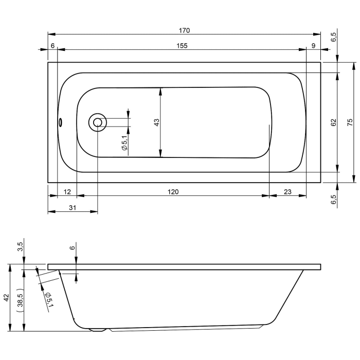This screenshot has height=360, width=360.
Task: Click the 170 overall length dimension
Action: (184, 30)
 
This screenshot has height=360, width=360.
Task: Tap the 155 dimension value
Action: (182, 46)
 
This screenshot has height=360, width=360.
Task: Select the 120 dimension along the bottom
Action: (173, 192)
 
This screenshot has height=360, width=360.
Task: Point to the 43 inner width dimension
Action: (156, 122)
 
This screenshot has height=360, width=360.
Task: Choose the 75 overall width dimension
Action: (350, 122)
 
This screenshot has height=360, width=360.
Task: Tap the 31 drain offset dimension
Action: (73, 208)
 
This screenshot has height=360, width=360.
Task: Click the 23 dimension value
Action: (287, 192)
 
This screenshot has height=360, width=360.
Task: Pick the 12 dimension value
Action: (67, 192)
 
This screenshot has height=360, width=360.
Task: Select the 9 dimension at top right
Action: (314, 46)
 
